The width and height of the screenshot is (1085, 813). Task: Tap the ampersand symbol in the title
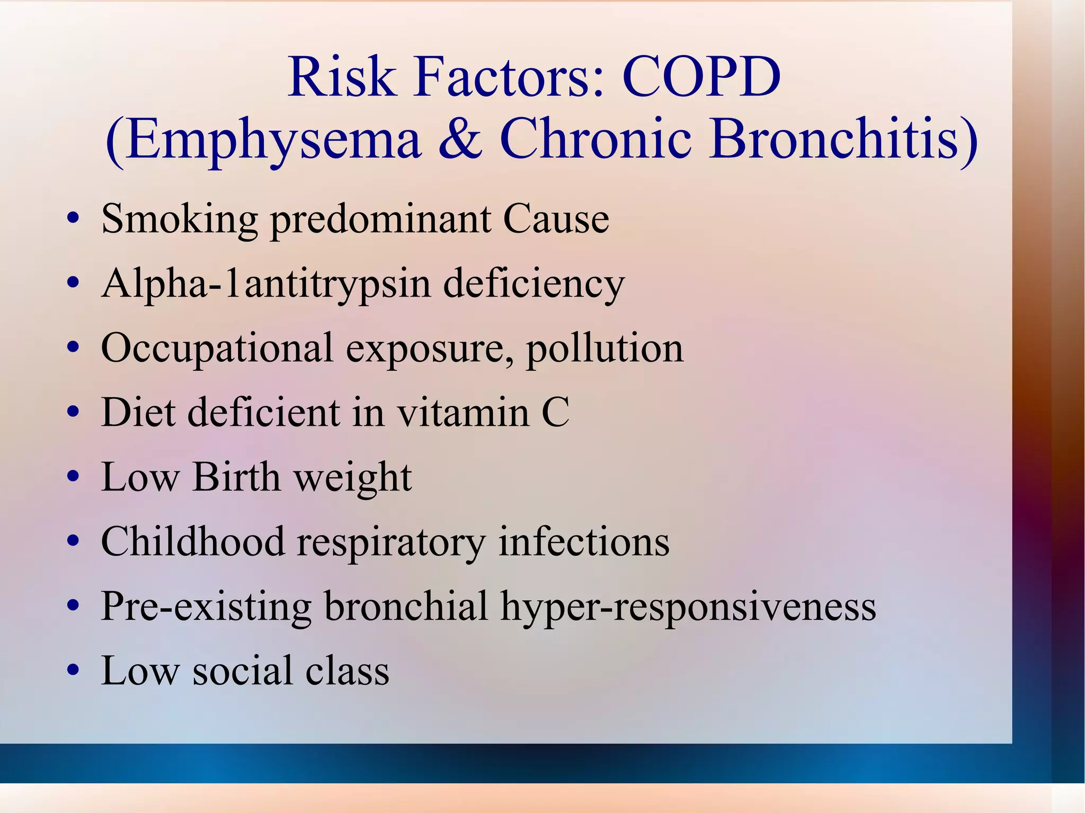(460, 139)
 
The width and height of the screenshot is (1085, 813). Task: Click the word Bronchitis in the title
(843, 139)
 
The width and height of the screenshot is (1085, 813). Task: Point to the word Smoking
(180, 220)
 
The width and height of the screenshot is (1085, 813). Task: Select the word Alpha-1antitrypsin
(266, 284)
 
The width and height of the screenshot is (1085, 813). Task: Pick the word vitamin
(463, 413)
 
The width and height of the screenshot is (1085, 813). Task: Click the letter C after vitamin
(555, 413)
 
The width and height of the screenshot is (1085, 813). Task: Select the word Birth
(236, 477)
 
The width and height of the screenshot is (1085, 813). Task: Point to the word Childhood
(193, 542)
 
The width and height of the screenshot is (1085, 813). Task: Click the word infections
(584, 542)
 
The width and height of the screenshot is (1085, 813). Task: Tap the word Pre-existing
(206, 607)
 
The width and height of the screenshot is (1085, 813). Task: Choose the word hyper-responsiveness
(688, 607)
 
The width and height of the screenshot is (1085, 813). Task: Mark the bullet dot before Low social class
(74, 671)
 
